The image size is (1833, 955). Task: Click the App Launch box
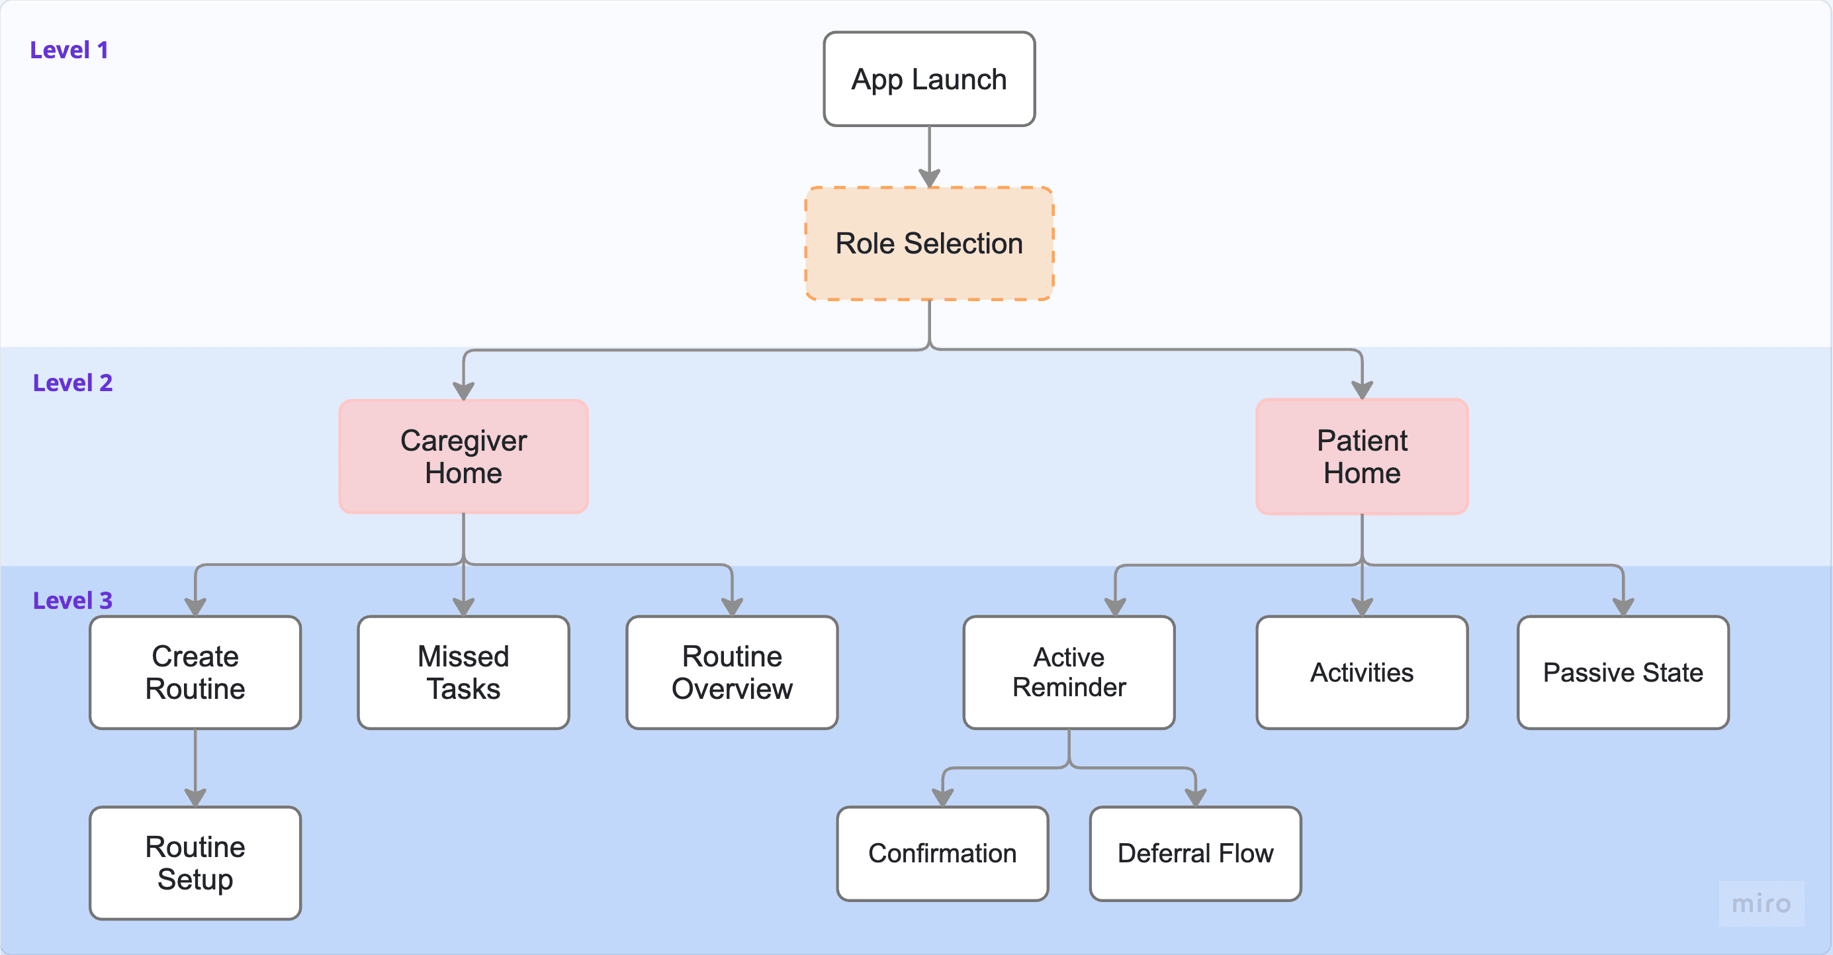click(929, 79)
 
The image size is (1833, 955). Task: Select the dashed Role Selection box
click(929, 244)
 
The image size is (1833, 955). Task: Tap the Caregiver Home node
click(463, 457)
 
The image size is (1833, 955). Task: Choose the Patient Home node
click(1362, 457)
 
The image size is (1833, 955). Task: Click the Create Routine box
click(195, 672)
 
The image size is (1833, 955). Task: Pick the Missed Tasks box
click(463, 672)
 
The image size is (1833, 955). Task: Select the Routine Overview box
click(732, 672)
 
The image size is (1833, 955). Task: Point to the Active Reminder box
click(1069, 672)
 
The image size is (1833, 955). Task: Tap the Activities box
click(1362, 672)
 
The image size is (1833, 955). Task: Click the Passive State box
click(1623, 672)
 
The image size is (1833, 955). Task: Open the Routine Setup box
click(195, 863)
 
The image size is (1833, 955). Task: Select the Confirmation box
click(943, 854)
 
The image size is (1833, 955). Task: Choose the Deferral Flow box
click(1196, 854)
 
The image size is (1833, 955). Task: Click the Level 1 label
click(69, 50)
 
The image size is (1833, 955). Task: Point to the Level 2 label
click(73, 383)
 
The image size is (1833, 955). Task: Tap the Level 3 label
click(73, 601)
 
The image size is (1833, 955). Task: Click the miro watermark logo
click(1761, 904)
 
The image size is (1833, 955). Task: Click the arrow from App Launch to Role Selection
click(929, 157)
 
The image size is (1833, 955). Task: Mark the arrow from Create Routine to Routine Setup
click(195, 768)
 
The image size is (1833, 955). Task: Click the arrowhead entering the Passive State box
click(1623, 606)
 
